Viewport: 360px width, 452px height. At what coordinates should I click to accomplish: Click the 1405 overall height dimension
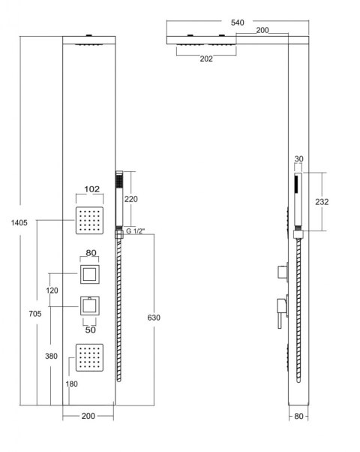click(x=19, y=222)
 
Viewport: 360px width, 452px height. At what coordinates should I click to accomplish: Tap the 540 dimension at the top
click(x=237, y=23)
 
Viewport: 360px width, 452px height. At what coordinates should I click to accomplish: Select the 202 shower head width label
click(x=206, y=59)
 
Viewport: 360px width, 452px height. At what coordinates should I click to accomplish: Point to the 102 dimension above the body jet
click(x=91, y=189)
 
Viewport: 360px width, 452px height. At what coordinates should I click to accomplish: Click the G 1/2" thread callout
click(x=135, y=231)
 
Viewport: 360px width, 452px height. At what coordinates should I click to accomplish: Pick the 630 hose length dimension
click(x=154, y=318)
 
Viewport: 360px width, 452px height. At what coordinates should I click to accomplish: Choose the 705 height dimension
click(x=35, y=314)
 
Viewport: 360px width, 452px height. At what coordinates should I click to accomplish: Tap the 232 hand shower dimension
click(x=322, y=202)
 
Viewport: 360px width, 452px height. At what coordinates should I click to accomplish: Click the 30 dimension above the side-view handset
click(x=299, y=159)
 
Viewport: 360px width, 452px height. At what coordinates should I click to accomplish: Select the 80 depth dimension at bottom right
click(x=298, y=416)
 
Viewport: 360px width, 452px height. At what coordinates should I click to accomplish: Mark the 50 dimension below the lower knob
click(x=91, y=330)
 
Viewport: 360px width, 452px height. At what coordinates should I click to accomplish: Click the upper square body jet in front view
click(x=89, y=221)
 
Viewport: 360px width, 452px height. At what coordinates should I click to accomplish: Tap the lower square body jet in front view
click(x=89, y=357)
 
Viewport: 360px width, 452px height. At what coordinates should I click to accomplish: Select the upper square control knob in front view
click(x=90, y=274)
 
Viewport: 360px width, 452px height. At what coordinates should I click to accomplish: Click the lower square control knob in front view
click(x=90, y=306)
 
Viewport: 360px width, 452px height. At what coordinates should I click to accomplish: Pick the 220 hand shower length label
click(x=131, y=199)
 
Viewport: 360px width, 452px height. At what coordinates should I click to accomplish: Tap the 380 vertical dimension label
click(x=51, y=357)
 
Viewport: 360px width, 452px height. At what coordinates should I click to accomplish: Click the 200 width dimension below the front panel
click(x=88, y=416)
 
